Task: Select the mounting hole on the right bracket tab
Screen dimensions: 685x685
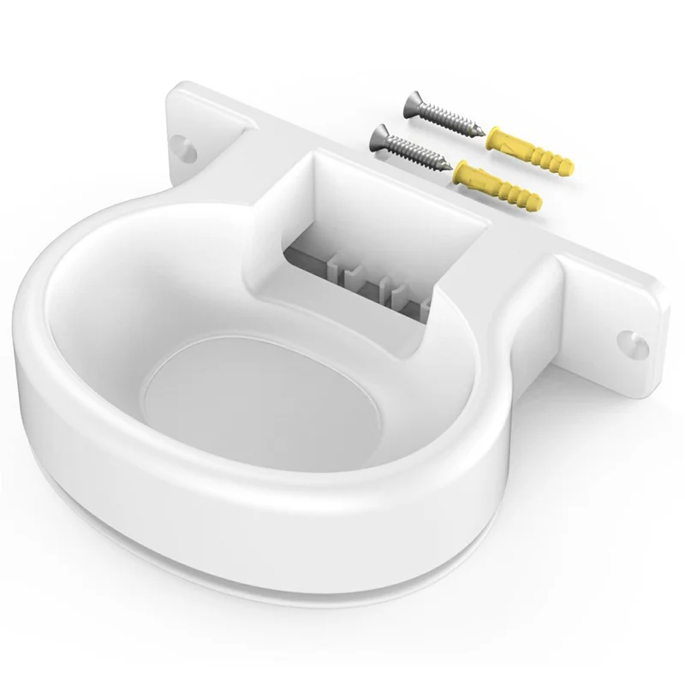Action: [633, 341]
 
